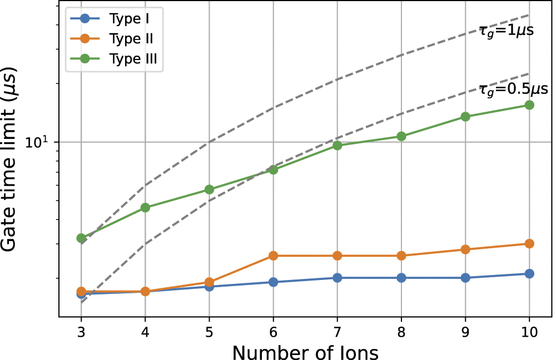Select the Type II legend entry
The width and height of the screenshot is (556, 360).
click(115, 39)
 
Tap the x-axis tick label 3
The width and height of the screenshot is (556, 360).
click(81, 332)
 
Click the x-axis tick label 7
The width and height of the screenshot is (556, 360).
click(337, 332)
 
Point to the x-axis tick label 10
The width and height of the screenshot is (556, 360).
click(528, 332)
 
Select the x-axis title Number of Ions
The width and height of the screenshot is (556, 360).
click(305, 351)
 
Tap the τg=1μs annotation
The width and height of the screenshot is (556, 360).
click(506, 31)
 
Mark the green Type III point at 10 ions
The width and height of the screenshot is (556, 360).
click(529, 105)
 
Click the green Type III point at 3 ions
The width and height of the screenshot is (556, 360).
click(81, 238)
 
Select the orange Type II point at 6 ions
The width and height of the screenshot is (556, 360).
click(273, 256)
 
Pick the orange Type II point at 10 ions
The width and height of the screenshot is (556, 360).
click(529, 243)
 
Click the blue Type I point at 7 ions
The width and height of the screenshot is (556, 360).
click(337, 277)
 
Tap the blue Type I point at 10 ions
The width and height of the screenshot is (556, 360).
click(529, 273)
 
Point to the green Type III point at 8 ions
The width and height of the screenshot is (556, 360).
click(401, 136)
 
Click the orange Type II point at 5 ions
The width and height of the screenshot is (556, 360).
click(209, 282)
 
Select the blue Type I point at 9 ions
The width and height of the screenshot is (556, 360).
click(465, 277)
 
